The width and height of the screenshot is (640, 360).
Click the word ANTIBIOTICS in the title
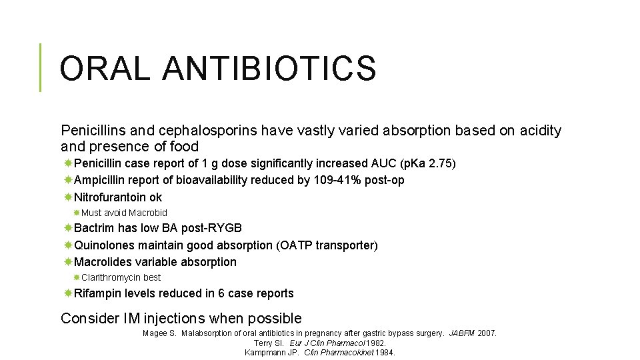coord(269,68)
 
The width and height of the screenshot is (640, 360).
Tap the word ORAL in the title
coord(105,68)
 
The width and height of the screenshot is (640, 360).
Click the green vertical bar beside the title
coord(40,67)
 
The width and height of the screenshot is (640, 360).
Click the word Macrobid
coord(148,213)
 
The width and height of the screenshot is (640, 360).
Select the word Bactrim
coord(94,229)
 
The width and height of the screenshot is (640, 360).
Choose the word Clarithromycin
coord(112,277)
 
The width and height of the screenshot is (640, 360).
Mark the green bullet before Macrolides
coord(68,262)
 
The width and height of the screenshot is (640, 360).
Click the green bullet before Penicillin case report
coord(68,163)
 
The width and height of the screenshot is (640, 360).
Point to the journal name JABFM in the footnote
coord(462,333)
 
